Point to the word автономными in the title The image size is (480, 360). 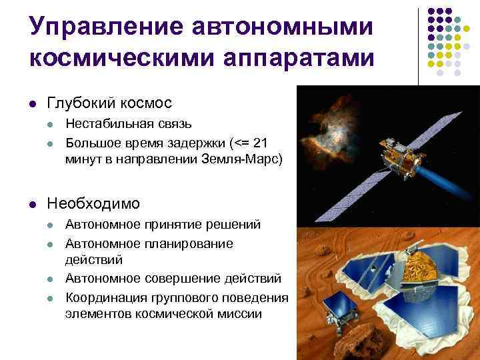(280, 28)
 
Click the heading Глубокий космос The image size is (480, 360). (109, 103)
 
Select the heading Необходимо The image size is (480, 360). (93, 202)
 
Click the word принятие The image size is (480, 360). (179, 226)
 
